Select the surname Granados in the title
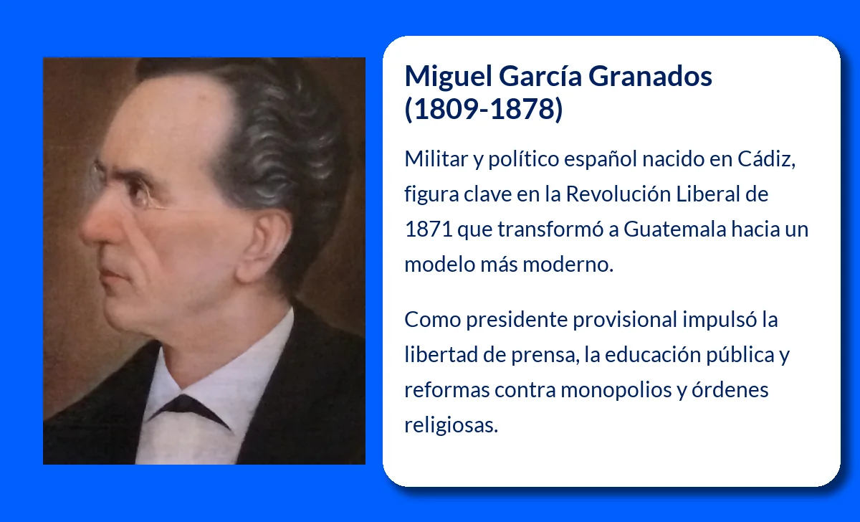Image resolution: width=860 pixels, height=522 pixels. coord(651,76)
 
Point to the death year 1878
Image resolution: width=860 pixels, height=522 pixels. coord(522,109)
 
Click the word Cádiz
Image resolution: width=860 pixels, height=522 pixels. coord(766,158)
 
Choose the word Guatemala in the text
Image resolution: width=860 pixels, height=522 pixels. coord(675,229)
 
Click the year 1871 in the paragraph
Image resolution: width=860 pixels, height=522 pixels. coord(429,229)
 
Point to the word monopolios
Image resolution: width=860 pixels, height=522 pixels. coord(616,391)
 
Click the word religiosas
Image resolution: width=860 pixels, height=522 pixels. coord(451,425)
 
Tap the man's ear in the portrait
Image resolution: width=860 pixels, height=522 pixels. coord(265,247)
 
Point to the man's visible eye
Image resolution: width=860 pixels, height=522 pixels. coord(137,191)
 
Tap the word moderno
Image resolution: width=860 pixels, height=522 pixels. coord(568,265)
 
